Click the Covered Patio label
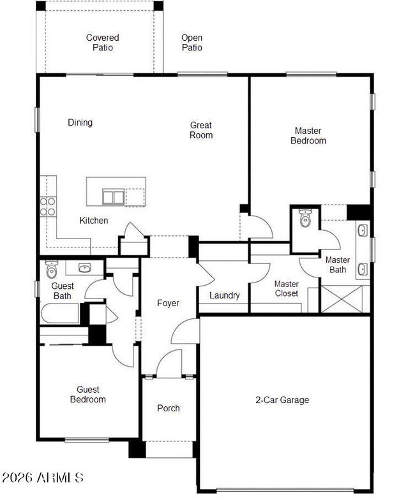pyautogui.click(x=102, y=42)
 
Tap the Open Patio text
pyautogui.click(x=192, y=42)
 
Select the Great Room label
pyautogui.click(x=201, y=130)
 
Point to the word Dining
pyautogui.click(x=80, y=122)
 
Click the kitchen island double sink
pyautogui.click(x=114, y=196)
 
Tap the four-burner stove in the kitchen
pyautogui.click(x=48, y=207)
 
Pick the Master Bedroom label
pyautogui.click(x=308, y=135)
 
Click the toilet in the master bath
pyautogui.click(x=305, y=218)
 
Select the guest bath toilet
pyautogui.click(x=51, y=269)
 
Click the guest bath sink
pyautogui.click(x=84, y=268)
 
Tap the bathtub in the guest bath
pyautogui.click(x=60, y=313)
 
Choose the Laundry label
pyautogui.click(x=225, y=295)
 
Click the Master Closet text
pyautogui.click(x=287, y=288)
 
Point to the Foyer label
pyautogui.click(x=168, y=303)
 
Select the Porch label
pyautogui.click(x=169, y=408)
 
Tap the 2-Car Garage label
pyautogui.click(x=282, y=400)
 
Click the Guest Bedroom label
pyautogui.click(x=88, y=394)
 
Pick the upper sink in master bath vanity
pyautogui.click(x=363, y=230)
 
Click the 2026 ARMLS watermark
pyautogui.click(x=43, y=477)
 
